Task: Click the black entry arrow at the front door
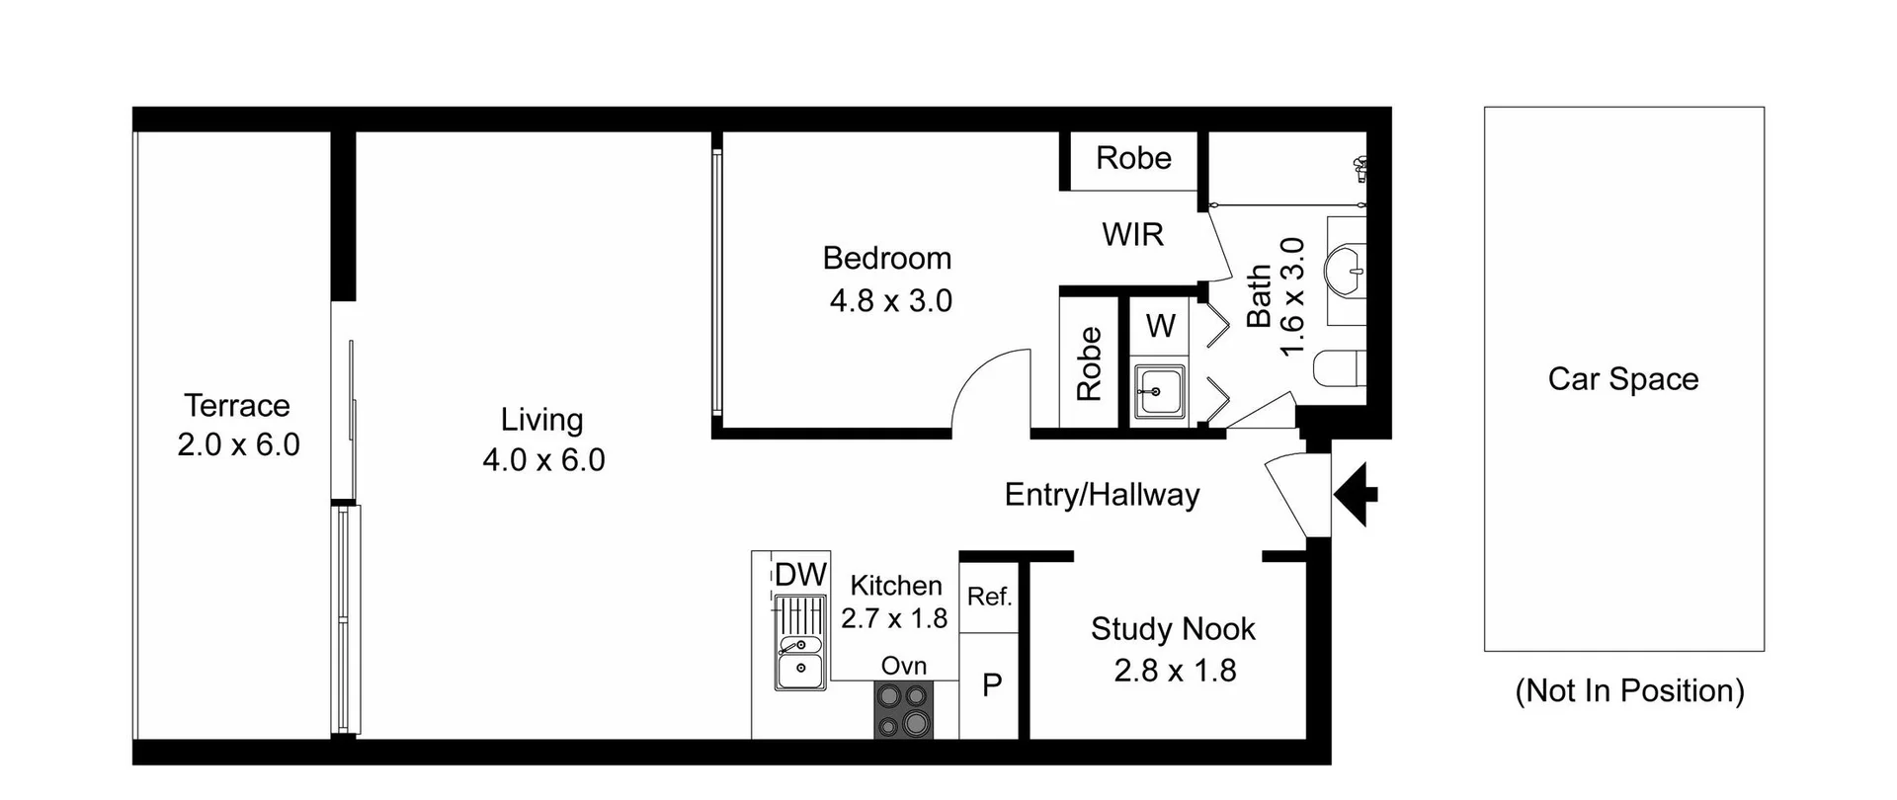point(1356,494)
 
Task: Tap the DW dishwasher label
point(799,575)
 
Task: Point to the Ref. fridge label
point(989,597)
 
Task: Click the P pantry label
point(992,685)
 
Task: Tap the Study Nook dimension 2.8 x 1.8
point(1175,672)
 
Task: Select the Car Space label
point(1623,379)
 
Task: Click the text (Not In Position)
point(1629,690)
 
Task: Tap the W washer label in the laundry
point(1161,325)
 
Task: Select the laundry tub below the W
point(1158,391)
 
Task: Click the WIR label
point(1132,235)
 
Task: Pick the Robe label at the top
point(1133,158)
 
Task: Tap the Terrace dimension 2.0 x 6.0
point(238,445)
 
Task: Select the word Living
point(541,420)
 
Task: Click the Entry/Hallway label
point(1102,495)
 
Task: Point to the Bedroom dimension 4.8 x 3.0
point(890,300)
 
